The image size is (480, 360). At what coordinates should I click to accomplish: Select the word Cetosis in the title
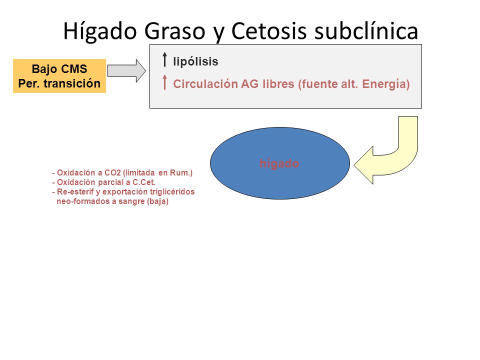(269, 31)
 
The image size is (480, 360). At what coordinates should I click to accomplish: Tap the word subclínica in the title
(366, 30)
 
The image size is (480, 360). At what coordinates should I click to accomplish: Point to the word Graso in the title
(174, 31)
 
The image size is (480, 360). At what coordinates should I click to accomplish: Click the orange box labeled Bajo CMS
(59, 76)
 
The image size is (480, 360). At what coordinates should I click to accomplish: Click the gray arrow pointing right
(126, 70)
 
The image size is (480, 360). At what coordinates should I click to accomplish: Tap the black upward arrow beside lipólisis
(164, 59)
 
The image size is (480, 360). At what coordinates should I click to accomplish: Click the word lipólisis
(195, 61)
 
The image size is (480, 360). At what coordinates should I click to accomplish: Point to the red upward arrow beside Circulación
(164, 82)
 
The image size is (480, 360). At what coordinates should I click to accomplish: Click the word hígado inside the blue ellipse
(279, 163)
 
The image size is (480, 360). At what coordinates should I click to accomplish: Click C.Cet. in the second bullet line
(144, 182)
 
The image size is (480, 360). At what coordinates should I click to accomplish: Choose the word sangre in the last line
(131, 201)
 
